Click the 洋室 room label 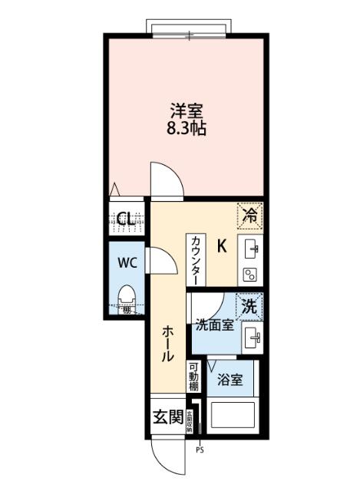coord(187,110)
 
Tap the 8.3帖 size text coord(187,128)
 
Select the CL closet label coord(127,219)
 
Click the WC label coord(127,262)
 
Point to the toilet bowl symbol coord(128,296)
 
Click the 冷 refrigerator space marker coord(249,215)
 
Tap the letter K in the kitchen coord(222,246)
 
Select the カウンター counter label coord(197,260)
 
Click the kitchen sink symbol coord(252,249)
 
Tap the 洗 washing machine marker coord(249,305)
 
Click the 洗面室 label coord(214,325)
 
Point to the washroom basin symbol coord(252,335)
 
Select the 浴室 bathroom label coord(230,378)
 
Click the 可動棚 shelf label coord(193,377)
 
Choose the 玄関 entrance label coord(168,418)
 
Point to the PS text coord(200,450)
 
